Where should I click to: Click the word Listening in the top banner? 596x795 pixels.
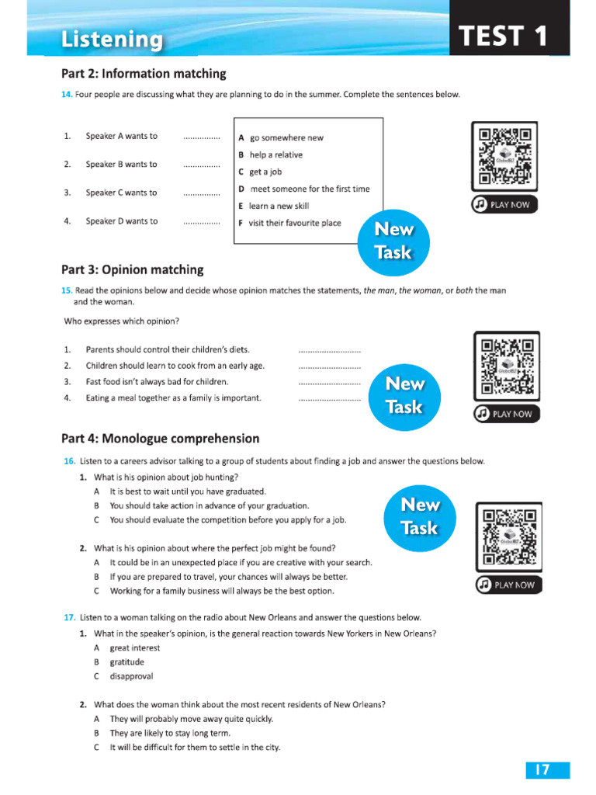pyautogui.click(x=113, y=40)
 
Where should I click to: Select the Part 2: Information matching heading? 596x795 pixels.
pyautogui.click(x=144, y=74)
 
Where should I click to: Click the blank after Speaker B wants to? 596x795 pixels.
pyautogui.click(x=202, y=165)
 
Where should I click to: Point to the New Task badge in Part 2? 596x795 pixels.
pyautogui.click(x=393, y=241)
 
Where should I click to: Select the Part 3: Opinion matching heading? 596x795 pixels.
pyautogui.click(x=132, y=269)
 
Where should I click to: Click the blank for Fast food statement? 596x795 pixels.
pyautogui.click(x=329, y=382)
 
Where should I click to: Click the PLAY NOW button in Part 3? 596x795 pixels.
pyautogui.click(x=507, y=414)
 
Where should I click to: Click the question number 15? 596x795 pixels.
pyautogui.click(x=68, y=290)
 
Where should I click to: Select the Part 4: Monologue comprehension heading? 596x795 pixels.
pyautogui.click(x=160, y=439)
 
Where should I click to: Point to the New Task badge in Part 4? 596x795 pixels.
pyautogui.click(x=419, y=516)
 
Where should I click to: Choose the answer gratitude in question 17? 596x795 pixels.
pyautogui.click(x=126, y=662)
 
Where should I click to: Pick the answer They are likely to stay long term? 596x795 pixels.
pyautogui.click(x=170, y=733)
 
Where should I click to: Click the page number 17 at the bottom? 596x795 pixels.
pyautogui.click(x=541, y=770)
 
